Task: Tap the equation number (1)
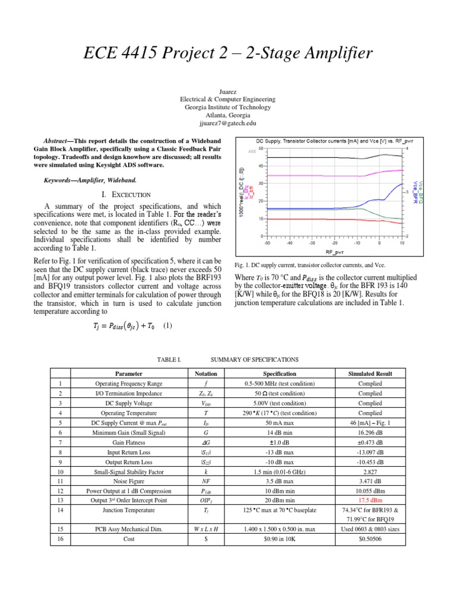tap(168, 326)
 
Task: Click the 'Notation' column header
tap(205, 373)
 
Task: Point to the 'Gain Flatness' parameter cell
tap(129, 442)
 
